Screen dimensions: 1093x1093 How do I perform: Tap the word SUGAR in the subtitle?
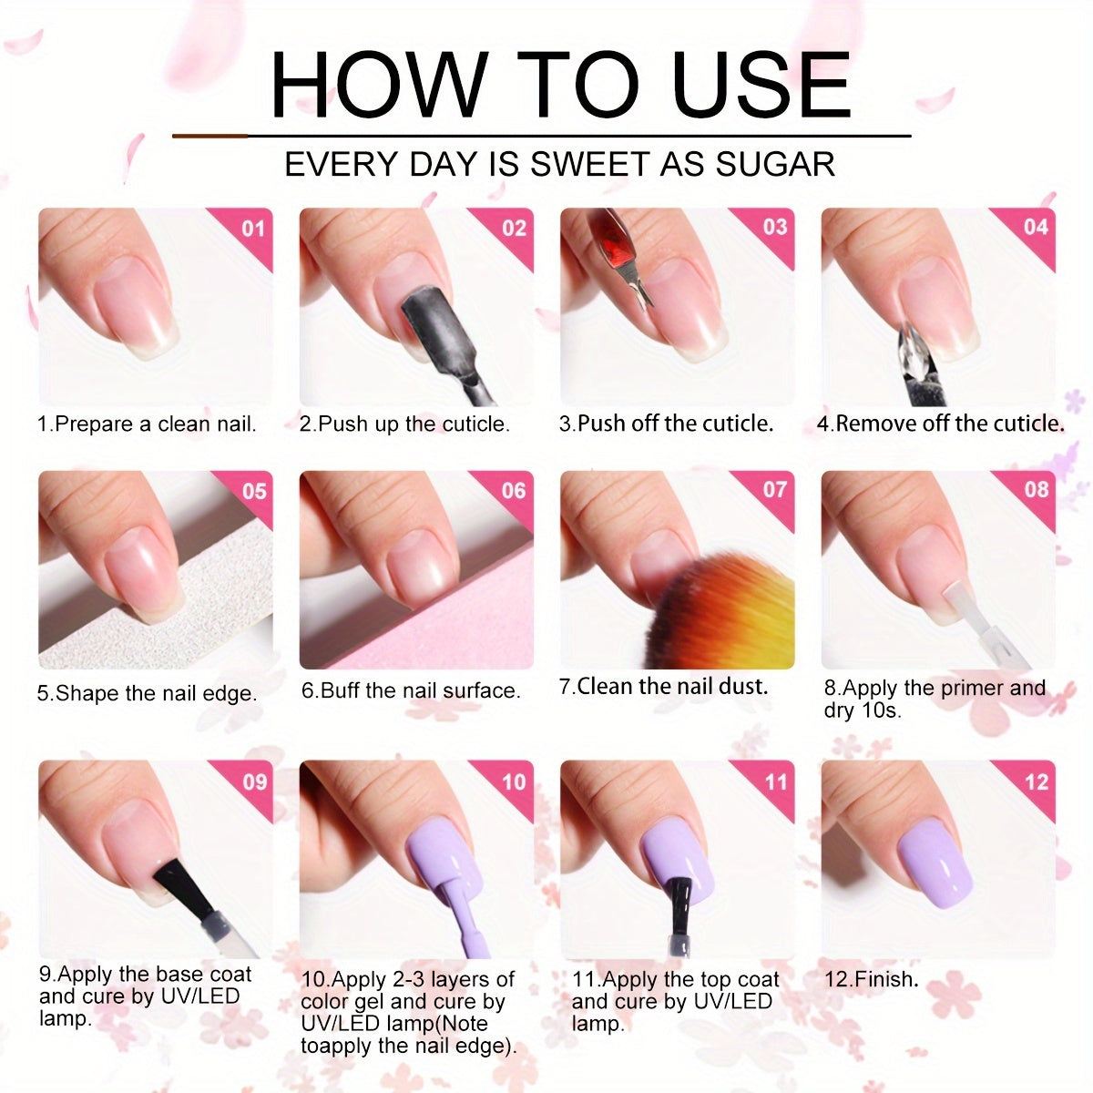774,164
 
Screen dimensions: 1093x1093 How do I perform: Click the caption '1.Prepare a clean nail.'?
147,424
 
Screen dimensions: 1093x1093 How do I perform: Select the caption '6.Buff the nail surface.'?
411,690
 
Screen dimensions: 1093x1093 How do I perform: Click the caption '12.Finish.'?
871,978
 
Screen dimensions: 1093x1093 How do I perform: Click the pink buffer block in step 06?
431,624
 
